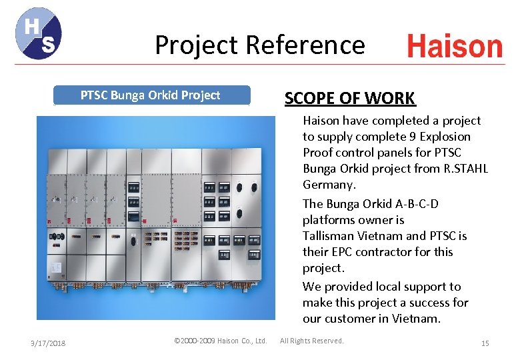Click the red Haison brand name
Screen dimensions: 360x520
(455, 47)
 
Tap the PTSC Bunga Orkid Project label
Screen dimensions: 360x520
(150, 95)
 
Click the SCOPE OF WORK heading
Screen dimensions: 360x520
(350, 99)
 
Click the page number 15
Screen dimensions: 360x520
(485, 343)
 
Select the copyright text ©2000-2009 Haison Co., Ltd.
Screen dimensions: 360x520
(220, 341)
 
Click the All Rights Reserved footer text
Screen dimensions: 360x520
(312, 341)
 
